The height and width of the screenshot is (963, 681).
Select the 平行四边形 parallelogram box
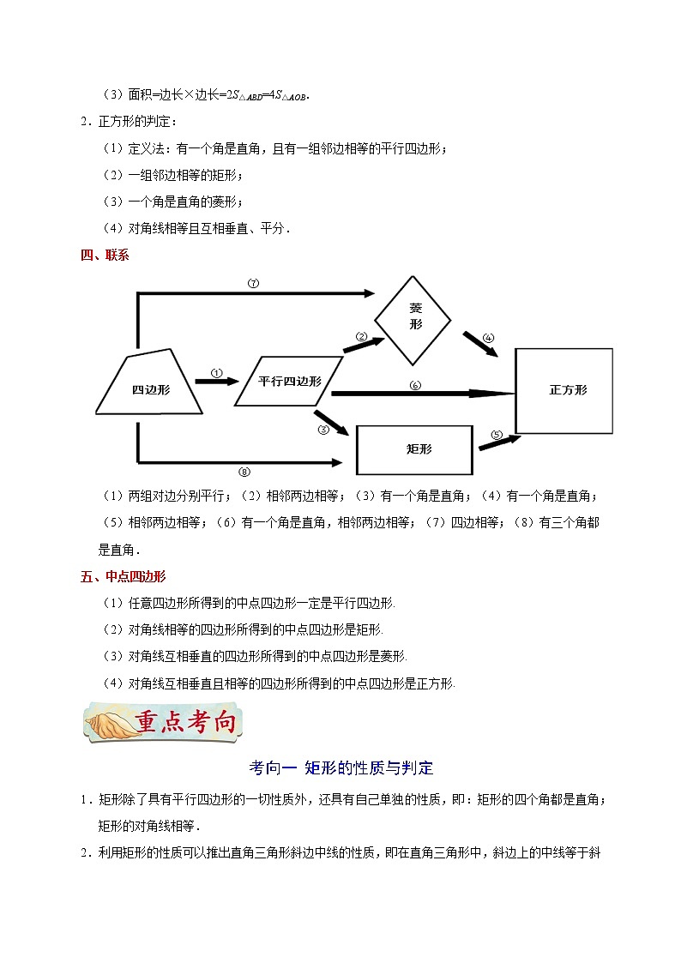(290, 380)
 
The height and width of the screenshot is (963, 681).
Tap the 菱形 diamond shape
(416, 318)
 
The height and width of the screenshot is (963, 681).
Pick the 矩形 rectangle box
(413, 449)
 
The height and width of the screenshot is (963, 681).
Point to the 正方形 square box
(563, 390)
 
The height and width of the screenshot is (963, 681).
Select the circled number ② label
(362, 336)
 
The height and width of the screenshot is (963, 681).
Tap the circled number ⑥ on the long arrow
(415, 385)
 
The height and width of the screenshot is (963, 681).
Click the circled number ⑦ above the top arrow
(253, 284)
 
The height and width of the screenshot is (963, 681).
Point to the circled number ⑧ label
(244, 472)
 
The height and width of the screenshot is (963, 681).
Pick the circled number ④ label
(488, 337)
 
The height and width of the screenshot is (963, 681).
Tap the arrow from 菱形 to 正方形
(481, 346)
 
